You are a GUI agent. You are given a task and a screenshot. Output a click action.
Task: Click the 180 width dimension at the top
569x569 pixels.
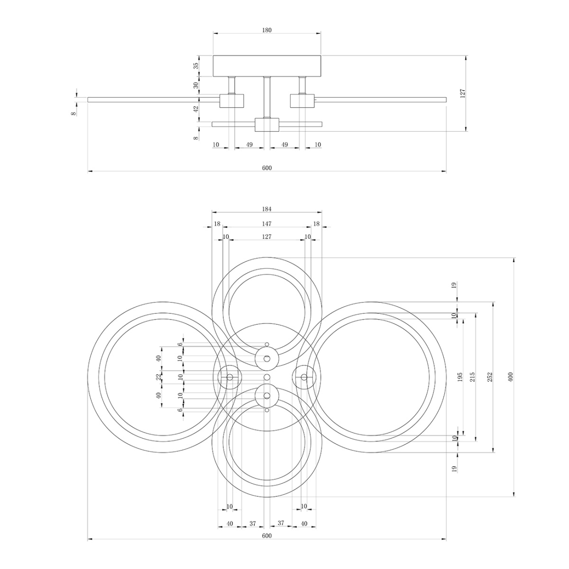pyautogui.click(x=267, y=30)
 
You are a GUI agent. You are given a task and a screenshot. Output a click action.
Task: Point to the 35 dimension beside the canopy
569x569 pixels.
pyautogui.click(x=195, y=66)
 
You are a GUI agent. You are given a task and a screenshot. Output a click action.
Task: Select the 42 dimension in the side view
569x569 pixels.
pyautogui.click(x=195, y=109)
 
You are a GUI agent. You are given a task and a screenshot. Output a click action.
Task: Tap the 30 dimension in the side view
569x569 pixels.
pyautogui.click(x=195, y=85)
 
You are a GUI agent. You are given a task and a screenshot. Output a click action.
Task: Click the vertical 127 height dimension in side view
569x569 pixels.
pyautogui.click(x=463, y=93)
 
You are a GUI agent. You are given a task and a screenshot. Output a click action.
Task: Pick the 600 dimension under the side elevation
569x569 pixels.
pyautogui.click(x=267, y=168)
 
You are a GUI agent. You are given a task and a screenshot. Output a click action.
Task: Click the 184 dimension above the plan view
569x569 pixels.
pyautogui.click(x=267, y=209)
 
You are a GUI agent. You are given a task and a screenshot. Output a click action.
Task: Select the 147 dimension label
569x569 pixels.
pyautogui.click(x=267, y=223)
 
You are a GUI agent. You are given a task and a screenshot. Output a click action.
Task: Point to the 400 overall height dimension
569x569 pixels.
pyautogui.click(x=510, y=377)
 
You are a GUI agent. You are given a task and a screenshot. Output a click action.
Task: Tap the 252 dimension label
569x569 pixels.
pyautogui.click(x=490, y=377)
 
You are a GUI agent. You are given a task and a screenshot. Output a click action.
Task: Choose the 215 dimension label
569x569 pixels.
pyautogui.click(x=473, y=377)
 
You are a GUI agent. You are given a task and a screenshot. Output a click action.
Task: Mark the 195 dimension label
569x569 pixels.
pyautogui.click(x=460, y=377)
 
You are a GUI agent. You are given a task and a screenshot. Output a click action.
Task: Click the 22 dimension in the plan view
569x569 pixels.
pyautogui.click(x=159, y=377)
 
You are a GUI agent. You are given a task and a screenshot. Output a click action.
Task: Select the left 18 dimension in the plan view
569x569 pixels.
pyautogui.click(x=217, y=223)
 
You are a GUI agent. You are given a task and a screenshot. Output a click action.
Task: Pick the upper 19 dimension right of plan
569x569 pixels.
pyautogui.click(x=454, y=285)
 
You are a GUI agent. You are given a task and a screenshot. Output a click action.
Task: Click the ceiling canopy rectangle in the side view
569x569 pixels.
pyautogui.click(x=267, y=66)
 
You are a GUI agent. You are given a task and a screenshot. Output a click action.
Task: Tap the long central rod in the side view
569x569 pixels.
pyautogui.click(x=267, y=97)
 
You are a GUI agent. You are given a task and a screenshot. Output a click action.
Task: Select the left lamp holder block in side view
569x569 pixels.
pyautogui.click(x=231, y=101)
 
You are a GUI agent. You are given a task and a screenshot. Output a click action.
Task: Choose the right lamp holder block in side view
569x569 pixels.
pyautogui.click(x=302, y=101)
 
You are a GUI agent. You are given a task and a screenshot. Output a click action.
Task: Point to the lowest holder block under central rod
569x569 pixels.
pyautogui.click(x=267, y=125)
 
